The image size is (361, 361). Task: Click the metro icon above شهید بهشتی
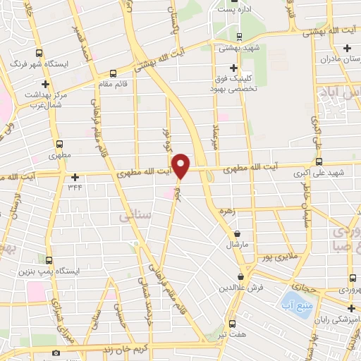[238, 37]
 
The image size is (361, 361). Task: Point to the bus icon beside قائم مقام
[112, 73]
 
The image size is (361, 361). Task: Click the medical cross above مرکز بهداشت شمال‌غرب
[45, 84]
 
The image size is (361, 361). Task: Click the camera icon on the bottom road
[56, 352]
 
